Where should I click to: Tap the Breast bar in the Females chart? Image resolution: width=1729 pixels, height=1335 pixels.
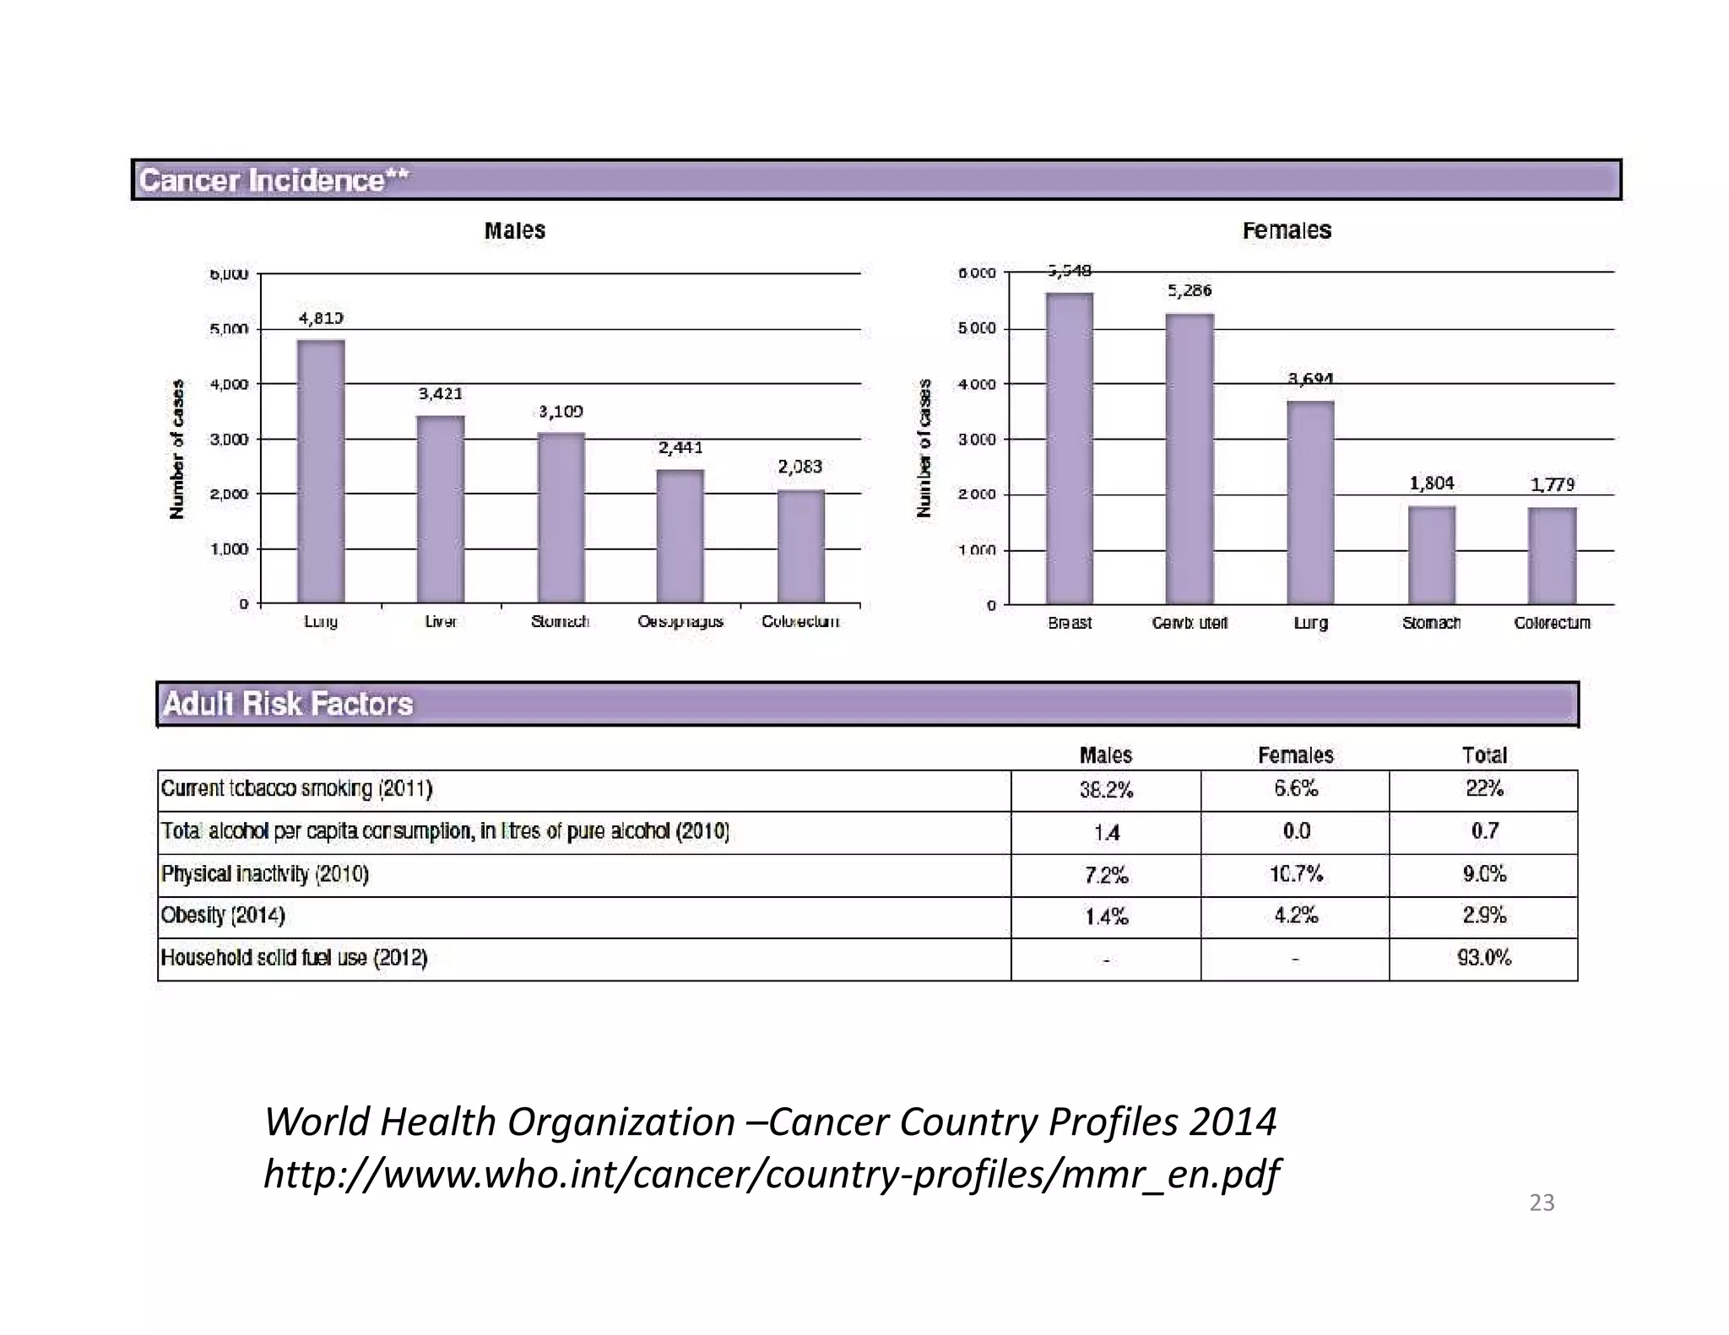[1069, 448]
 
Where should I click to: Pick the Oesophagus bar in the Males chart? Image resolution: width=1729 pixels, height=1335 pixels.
[680, 536]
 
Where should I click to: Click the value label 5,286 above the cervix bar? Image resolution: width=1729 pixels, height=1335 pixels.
[1189, 291]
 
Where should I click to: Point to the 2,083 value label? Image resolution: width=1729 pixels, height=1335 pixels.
[799, 467]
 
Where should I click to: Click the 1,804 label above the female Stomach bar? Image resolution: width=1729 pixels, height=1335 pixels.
[1431, 484]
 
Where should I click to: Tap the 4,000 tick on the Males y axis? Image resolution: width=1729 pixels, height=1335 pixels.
[229, 384]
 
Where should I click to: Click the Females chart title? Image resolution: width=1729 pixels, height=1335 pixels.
[1286, 230]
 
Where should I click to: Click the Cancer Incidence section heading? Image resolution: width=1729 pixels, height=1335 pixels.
[274, 181]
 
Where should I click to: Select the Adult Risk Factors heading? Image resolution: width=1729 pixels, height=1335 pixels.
[288, 704]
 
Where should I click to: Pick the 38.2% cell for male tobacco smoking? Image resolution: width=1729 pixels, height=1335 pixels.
[1106, 790]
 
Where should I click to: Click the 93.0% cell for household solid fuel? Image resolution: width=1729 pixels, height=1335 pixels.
[1483, 958]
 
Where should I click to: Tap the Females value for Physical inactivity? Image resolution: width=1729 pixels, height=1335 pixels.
[1295, 874]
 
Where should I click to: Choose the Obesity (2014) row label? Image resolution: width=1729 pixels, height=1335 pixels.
[223, 916]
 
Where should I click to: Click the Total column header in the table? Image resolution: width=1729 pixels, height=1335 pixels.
[1483, 755]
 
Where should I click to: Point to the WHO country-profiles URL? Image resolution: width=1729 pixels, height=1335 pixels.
[771, 1174]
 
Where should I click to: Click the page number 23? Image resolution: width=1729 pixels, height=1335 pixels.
[1542, 1203]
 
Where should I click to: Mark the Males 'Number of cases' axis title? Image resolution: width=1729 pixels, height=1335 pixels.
[176, 449]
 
